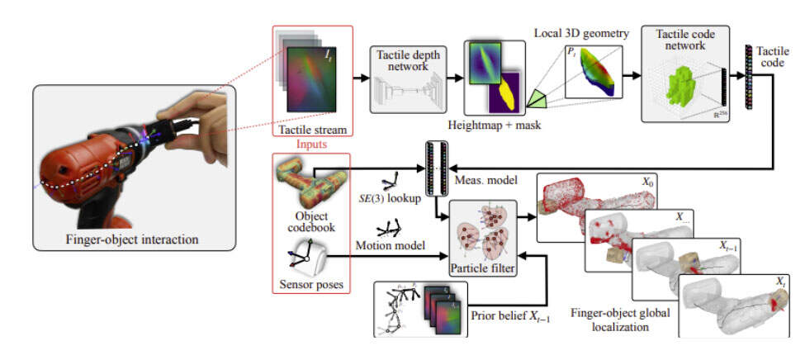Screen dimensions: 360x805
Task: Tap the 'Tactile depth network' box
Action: [407, 78]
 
